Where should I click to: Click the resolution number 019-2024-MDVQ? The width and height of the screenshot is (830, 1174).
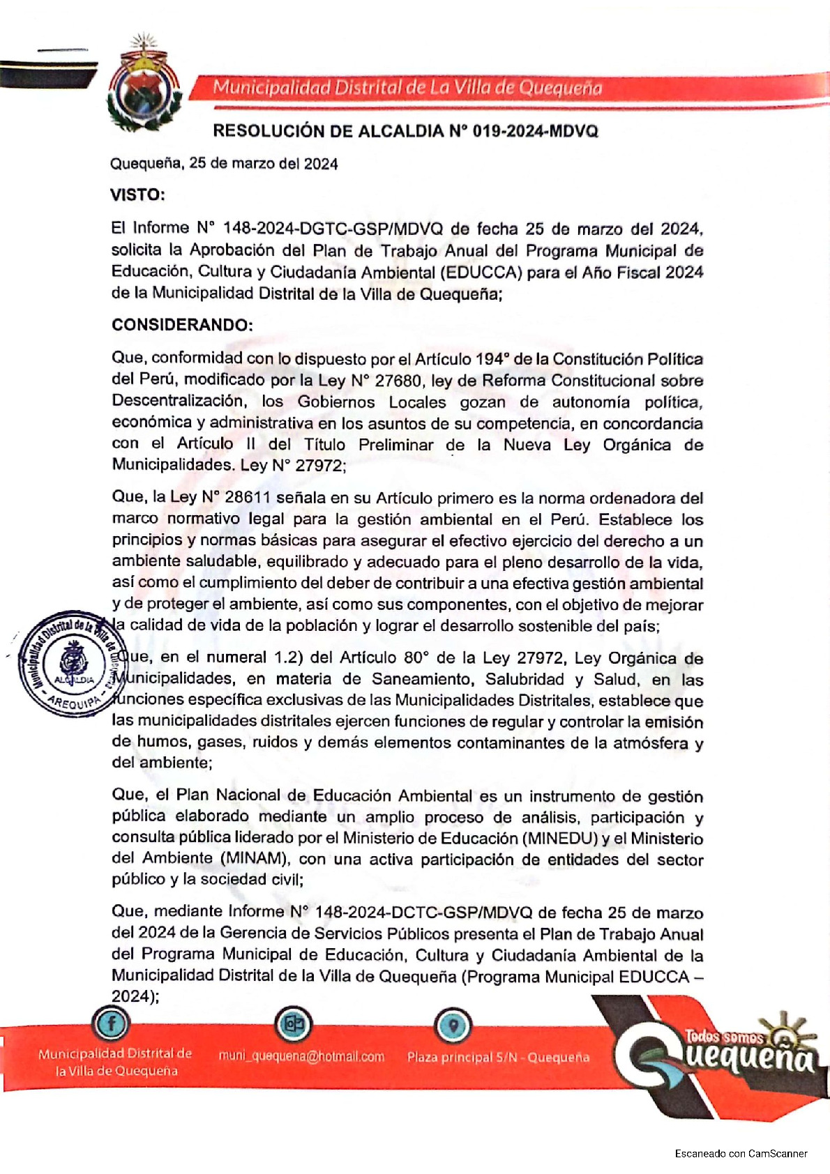click(534, 131)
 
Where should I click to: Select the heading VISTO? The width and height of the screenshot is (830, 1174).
click(137, 195)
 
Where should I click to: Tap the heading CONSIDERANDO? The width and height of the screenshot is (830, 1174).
click(182, 325)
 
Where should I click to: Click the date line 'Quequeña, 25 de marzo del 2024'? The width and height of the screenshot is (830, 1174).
click(224, 164)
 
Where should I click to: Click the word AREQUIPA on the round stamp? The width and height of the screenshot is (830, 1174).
click(75, 702)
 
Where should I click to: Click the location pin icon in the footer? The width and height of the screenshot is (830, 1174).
click(453, 1025)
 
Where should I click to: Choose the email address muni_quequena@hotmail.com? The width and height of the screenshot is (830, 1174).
click(301, 1056)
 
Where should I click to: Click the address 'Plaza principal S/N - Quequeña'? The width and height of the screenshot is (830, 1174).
click(498, 1057)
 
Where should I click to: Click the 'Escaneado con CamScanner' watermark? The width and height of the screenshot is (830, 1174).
click(741, 1153)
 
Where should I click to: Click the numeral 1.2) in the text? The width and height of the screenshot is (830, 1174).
click(284, 657)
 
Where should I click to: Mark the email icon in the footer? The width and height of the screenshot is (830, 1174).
click(294, 1024)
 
